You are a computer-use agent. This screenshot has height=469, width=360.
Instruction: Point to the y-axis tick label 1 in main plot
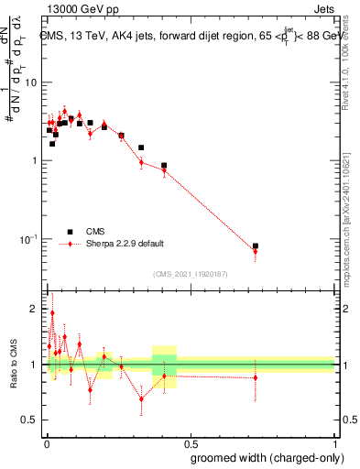[35, 161]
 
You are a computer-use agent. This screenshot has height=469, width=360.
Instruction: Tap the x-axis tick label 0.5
[191, 442]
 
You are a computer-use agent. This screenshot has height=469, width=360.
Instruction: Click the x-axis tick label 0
[47, 442]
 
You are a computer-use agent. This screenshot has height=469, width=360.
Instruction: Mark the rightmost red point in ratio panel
[256, 377]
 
